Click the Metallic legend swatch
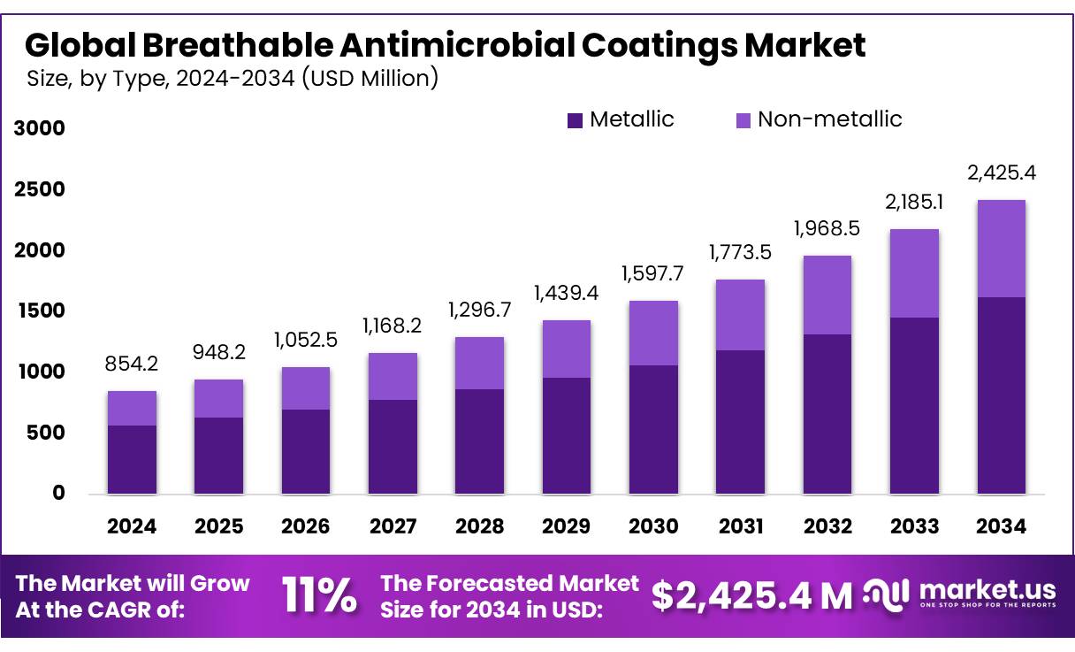click(x=576, y=120)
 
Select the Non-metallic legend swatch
click(x=743, y=120)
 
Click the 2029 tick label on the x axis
click(x=567, y=526)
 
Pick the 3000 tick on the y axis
click(x=41, y=129)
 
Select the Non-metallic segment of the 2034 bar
click(x=1002, y=249)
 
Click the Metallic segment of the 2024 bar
click(x=132, y=459)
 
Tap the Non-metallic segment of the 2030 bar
click(x=653, y=334)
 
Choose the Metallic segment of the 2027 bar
click(x=393, y=447)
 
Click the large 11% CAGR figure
click(x=319, y=595)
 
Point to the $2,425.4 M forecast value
click(x=751, y=595)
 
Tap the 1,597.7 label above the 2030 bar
click(x=653, y=274)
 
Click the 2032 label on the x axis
click(x=827, y=526)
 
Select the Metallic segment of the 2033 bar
click(x=914, y=405)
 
